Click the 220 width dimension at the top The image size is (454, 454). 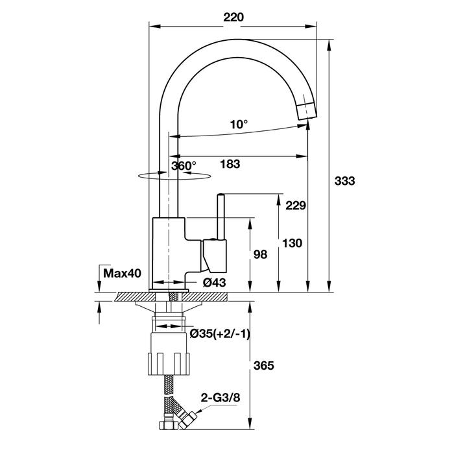pos(233,18)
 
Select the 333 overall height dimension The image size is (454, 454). pos(344,181)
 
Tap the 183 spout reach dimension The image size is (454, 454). pos(230,164)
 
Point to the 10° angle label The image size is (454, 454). pos(239,125)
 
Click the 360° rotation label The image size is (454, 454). pos(184,166)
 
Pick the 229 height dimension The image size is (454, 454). pos(296,206)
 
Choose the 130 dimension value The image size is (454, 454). pos(292,243)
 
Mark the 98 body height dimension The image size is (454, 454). pos(260,254)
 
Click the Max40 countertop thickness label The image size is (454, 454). pos(122,273)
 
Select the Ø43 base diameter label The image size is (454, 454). pos(214,282)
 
